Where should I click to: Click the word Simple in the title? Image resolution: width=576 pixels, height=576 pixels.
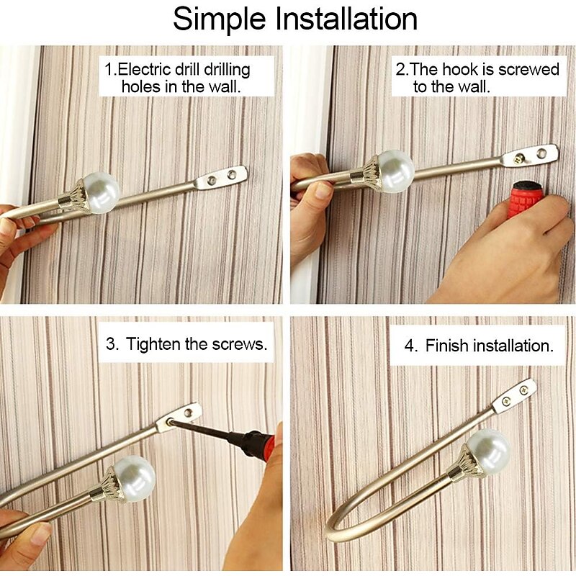(219, 20)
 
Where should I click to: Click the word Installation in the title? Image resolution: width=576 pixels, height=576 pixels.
(346, 19)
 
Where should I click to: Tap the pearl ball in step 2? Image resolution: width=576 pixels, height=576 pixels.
(395, 171)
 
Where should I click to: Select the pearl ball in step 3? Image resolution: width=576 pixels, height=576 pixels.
(135, 478)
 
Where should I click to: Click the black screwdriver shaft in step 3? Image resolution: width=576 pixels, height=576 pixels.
(201, 429)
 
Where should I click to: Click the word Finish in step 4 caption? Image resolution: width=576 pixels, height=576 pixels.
(447, 346)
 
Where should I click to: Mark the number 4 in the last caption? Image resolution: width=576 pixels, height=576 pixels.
(410, 346)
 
